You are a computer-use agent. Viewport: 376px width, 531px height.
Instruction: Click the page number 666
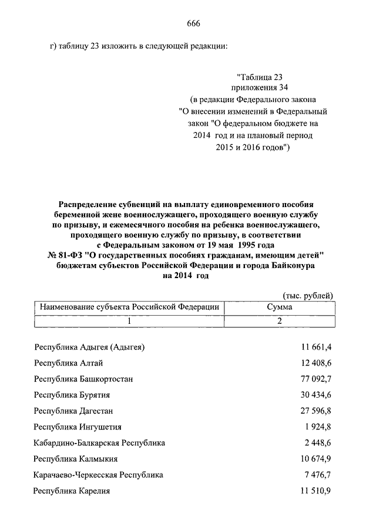pyautogui.click(x=194, y=23)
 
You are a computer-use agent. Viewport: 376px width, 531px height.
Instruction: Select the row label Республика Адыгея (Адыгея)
pyautogui.click(x=89, y=347)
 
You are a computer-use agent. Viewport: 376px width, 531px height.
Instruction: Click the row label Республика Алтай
pyautogui.click(x=68, y=363)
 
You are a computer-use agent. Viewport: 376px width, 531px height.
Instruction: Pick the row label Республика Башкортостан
pyautogui.click(x=83, y=379)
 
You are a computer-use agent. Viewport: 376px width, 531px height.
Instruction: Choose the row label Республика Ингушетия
pyautogui.click(x=78, y=427)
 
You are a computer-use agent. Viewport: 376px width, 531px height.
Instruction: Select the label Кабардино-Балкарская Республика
pyautogui.click(x=99, y=442)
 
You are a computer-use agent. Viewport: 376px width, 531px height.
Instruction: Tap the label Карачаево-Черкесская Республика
pyautogui.click(x=98, y=475)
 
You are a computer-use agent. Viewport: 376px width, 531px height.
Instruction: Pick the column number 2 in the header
pyautogui.click(x=280, y=321)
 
